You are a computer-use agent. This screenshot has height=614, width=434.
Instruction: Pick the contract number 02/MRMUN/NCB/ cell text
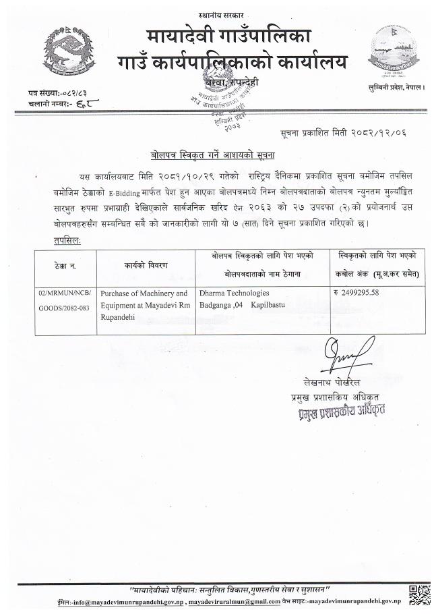point(65,294)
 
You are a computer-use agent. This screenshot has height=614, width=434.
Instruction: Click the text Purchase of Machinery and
point(144,294)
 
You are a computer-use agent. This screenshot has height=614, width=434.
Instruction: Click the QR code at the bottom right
point(418,593)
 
